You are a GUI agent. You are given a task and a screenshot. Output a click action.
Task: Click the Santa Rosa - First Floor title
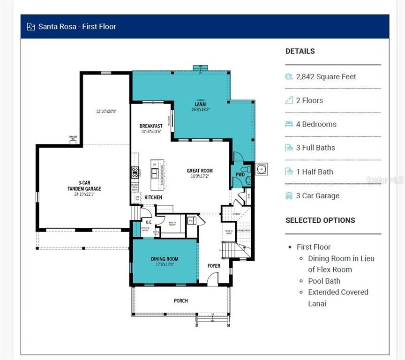click(77, 27)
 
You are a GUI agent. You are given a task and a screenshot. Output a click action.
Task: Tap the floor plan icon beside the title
click(31, 27)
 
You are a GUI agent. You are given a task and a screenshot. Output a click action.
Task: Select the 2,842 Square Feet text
click(326, 76)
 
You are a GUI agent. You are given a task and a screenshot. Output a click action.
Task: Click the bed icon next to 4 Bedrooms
click(289, 124)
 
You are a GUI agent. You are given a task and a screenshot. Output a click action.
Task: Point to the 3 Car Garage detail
click(317, 195)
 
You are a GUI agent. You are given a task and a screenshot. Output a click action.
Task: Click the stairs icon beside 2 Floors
click(289, 100)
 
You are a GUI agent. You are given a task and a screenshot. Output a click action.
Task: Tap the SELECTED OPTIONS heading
click(320, 220)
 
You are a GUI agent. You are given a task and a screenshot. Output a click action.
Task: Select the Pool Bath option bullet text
click(324, 281)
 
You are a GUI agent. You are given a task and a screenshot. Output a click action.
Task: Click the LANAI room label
click(201, 104)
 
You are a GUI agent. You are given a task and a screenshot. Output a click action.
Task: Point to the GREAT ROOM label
click(200, 171)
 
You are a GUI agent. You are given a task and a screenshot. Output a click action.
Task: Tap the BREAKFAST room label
click(151, 126)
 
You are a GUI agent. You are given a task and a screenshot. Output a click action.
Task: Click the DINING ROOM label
click(165, 259)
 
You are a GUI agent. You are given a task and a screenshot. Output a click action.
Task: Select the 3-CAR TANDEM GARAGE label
click(83, 186)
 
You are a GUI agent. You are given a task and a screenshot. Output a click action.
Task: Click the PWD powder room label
click(240, 174)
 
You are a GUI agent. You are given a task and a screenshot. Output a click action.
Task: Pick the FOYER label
click(214, 266)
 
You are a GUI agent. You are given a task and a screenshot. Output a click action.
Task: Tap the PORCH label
click(180, 300)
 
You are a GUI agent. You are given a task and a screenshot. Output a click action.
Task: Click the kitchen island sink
click(154, 173)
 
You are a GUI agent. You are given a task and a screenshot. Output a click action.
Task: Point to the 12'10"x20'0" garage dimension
click(106, 112)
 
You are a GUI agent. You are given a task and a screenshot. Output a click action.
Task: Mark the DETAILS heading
click(300, 51)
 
